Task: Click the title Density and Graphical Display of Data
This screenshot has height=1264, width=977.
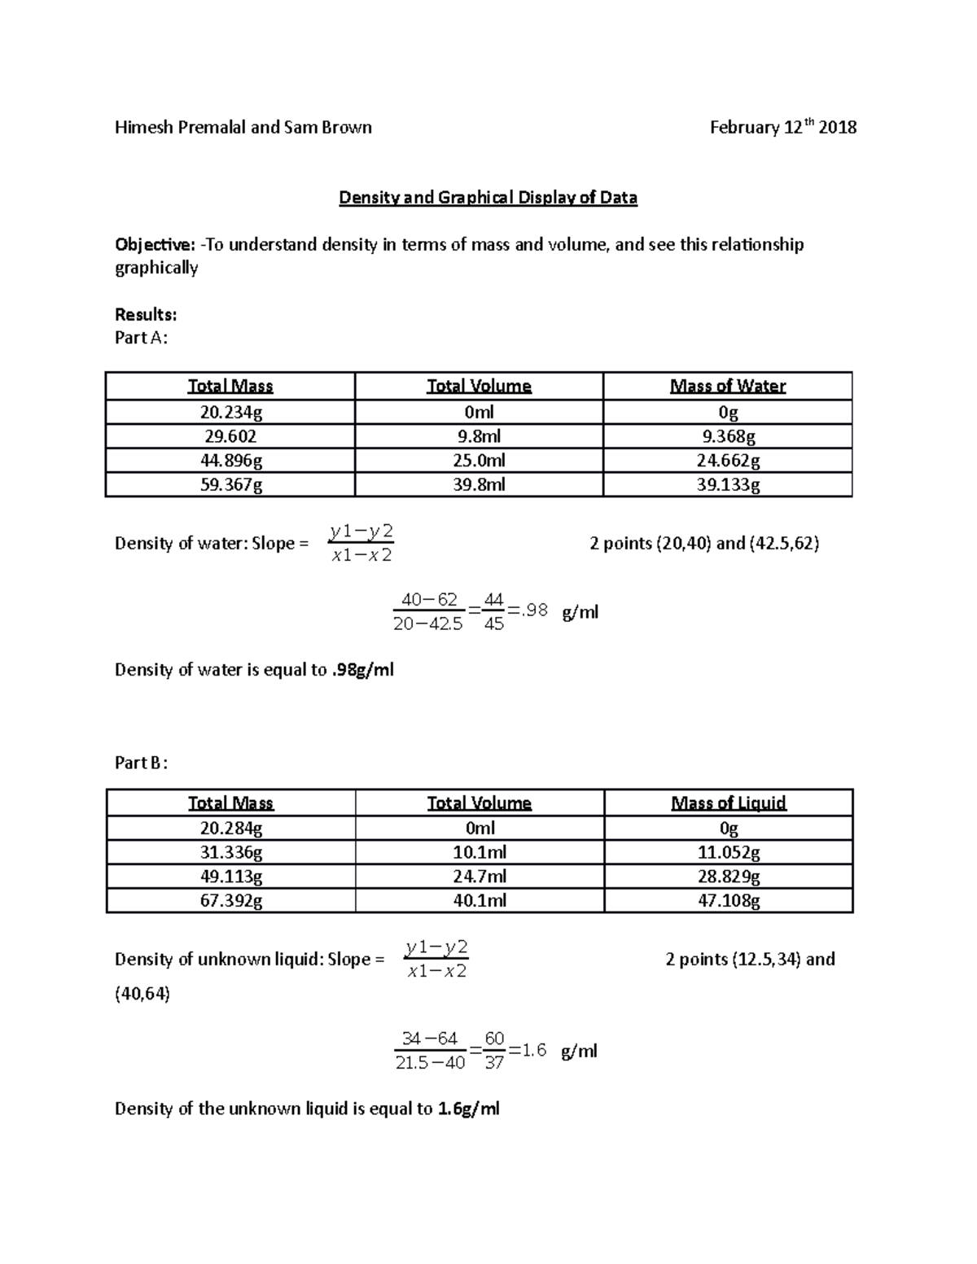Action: tap(488, 198)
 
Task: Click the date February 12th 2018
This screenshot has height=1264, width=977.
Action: tap(782, 128)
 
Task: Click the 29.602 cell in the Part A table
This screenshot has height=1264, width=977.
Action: tap(230, 436)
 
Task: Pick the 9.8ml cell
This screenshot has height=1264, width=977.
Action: tap(479, 436)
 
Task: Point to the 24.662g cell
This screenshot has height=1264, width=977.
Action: tap(728, 461)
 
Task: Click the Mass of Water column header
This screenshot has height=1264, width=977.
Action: tap(727, 387)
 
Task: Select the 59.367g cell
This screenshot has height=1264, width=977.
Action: tap(230, 485)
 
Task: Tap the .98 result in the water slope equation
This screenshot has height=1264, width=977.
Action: tap(535, 610)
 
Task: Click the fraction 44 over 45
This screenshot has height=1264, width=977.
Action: tap(493, 612)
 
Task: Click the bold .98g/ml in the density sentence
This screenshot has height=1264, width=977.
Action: tap(362, 671)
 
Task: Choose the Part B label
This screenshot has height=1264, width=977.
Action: tap(141, 763)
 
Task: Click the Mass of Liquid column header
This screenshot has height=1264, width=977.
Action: tap(728, 803)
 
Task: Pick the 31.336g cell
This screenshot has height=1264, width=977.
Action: tap(231, 853)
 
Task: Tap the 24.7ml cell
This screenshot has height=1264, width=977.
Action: tap(480, 877)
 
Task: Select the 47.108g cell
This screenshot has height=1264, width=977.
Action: tap(729, 901)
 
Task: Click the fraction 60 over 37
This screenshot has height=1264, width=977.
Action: tap(494, 1051)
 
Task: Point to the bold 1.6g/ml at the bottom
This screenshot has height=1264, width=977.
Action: tap(468, 1109)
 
